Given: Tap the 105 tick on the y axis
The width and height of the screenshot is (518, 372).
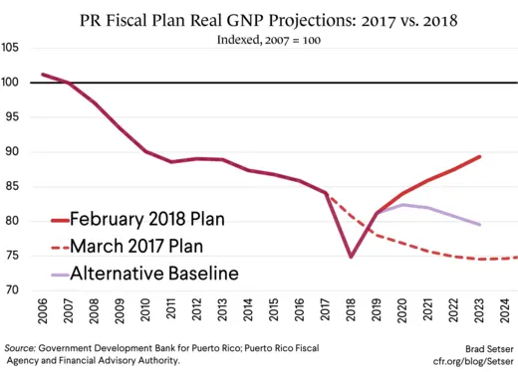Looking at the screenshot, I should pos(12,48).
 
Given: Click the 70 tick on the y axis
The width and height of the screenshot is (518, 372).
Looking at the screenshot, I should pos(12,291).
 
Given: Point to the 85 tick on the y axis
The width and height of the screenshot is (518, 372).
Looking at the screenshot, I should pos(12,187).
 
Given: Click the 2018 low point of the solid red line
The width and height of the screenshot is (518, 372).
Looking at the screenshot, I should pos(352,257).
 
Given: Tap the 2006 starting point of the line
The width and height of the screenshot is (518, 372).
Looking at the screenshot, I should pos(45,75).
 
